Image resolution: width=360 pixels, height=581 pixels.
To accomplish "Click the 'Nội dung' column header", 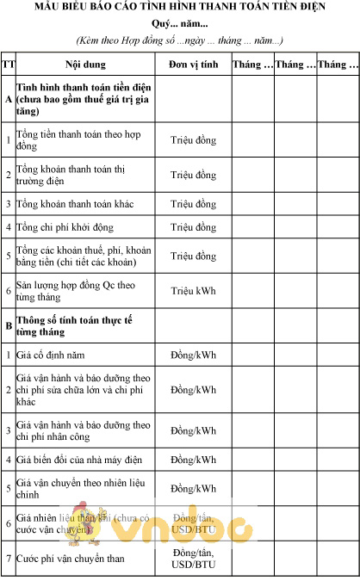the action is pos(85,65).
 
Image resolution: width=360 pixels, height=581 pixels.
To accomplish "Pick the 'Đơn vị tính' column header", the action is pos(193,65).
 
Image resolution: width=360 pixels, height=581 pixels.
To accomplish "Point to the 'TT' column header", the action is pos(9,65).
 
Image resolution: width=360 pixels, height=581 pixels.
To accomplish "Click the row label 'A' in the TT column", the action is pos(9,100).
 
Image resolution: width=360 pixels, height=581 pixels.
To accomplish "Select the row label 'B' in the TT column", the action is pos(9,326).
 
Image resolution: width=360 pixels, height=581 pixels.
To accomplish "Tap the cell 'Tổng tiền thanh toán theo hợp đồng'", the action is pos(82,140).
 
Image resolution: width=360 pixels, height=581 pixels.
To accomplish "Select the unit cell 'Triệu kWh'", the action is pos(193,291).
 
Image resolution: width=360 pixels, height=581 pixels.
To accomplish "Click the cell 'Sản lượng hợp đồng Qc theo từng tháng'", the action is pos(82,290).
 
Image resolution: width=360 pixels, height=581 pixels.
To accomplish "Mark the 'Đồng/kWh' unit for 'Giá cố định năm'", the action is pos(193,355).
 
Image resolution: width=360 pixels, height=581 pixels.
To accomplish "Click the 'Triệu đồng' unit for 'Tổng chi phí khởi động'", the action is pos(193,227).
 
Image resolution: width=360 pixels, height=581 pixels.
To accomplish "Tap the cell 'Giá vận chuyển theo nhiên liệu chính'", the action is pos(82,489).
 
